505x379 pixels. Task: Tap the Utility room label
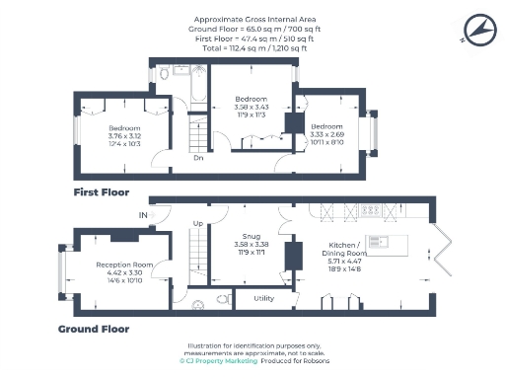click(x=263, y=297)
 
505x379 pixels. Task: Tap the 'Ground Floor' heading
click(x=94, y=329)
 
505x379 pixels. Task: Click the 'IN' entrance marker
click(x=144, y=214)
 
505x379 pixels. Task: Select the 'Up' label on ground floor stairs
click(x=197, y=223)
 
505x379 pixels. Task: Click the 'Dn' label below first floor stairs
click(x=198, y=157)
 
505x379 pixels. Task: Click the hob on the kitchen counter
click(x=375, y=210)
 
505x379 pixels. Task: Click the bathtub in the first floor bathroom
click(x=193, y=89)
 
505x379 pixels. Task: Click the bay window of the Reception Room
click(x=61, y=268)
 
